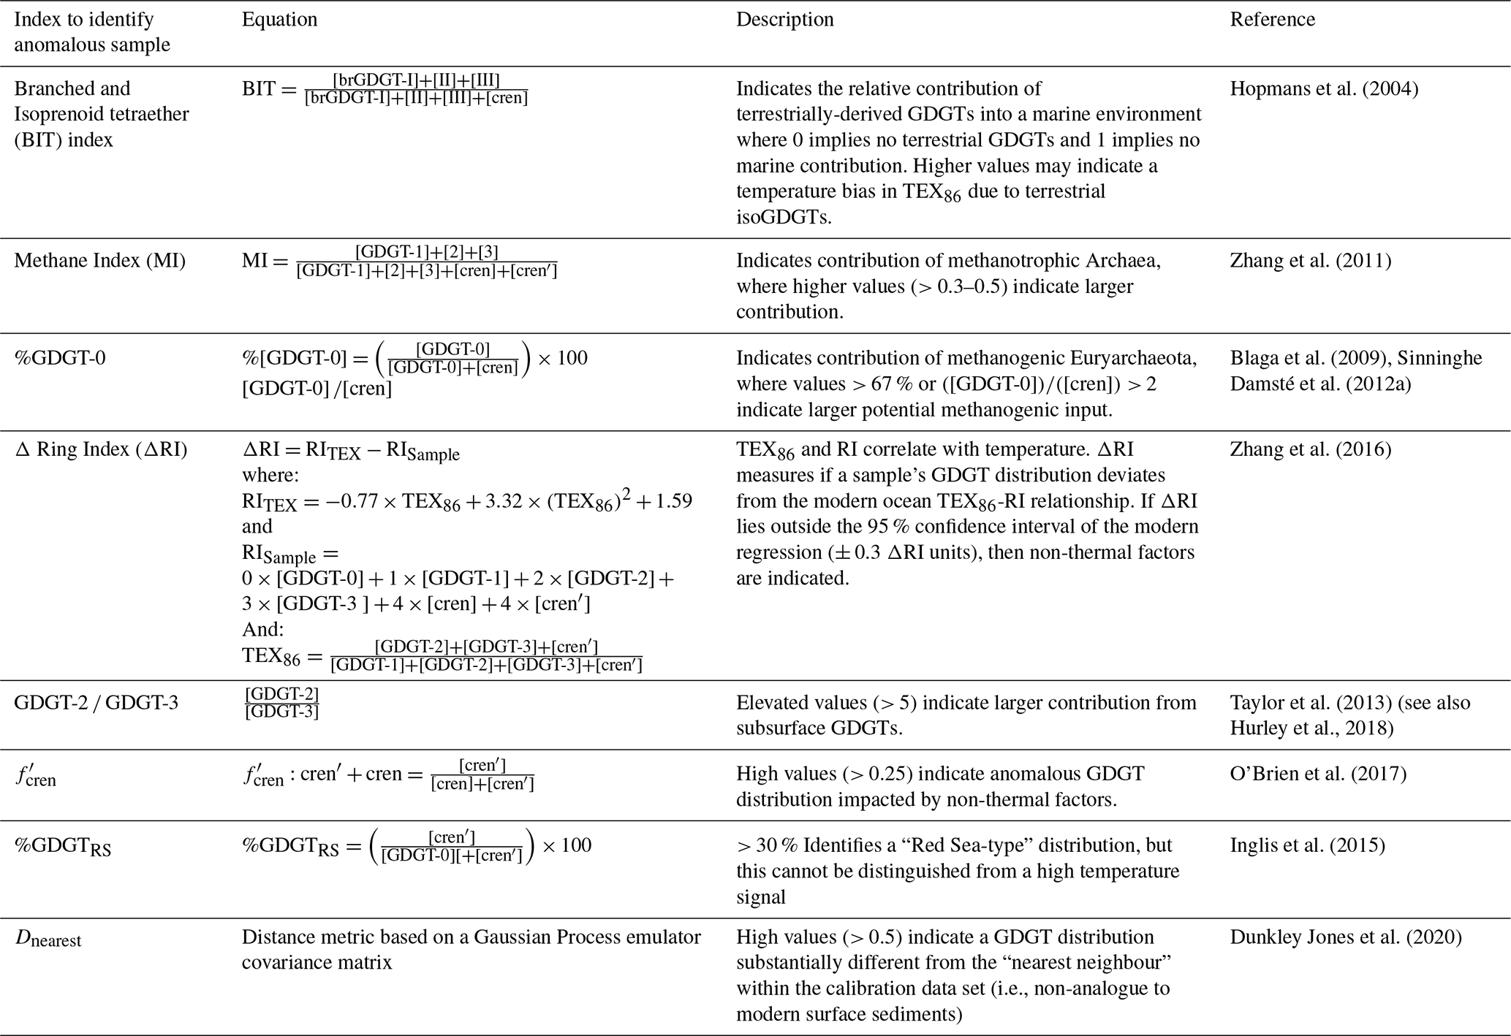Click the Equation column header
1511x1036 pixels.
point(279,19)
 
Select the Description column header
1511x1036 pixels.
point(784,19)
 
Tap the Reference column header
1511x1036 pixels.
point(1272,19)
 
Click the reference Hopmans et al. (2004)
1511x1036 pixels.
point(1324,88)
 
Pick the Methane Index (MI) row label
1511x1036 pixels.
point(99,261)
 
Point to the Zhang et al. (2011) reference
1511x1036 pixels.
point(1310,261)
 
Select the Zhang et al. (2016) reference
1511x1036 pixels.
point(1310,449)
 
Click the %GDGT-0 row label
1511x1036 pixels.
point(60,358)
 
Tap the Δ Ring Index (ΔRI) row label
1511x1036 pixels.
point(101,449)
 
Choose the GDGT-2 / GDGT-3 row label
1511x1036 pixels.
point(96,703)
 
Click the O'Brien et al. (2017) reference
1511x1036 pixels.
point(1318,774)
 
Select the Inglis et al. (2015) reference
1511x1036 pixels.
point(1307,845)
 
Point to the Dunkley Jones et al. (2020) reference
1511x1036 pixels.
point(1346,937)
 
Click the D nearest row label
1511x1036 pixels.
point(48,939)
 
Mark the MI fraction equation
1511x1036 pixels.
point(400,262)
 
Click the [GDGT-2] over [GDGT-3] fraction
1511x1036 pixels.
point(281,703)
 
